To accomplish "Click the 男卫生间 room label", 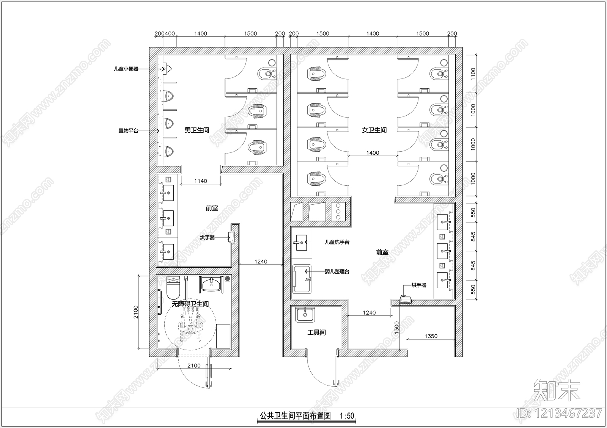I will click(197, 130).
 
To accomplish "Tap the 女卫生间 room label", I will click(374, 130).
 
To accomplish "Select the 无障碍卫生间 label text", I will click(190, 304).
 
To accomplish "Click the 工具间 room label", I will click(316, 332).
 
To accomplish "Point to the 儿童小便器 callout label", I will click(126, 69).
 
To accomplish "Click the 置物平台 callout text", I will click(128, 131).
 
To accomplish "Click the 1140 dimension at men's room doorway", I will click(200, 181).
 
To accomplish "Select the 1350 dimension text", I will click(431, 336).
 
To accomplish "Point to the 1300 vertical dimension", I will click(396, 327).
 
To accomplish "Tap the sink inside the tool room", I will click(305, 314).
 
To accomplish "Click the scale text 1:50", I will click(347, 416).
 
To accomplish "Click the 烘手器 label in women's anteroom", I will click(419, 285).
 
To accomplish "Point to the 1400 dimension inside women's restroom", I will click(373, 153).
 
